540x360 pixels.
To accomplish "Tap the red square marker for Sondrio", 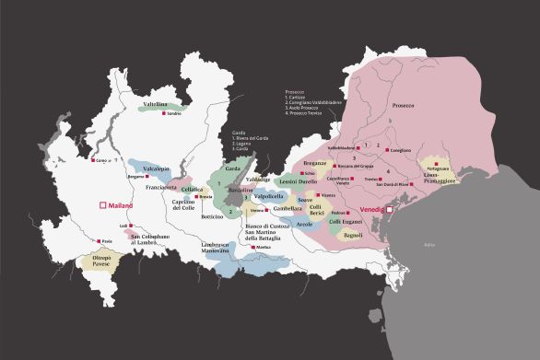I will (164, 124).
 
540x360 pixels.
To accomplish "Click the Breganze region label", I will (315, 163).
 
